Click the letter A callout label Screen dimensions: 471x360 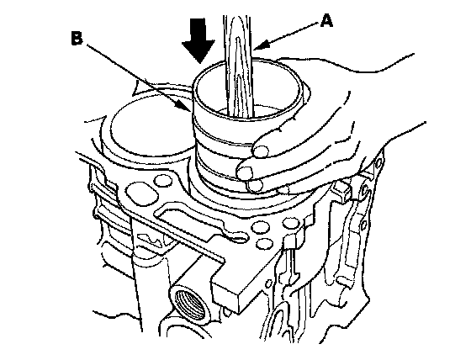[x=326, y=21]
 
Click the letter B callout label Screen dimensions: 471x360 [x=77, y=39]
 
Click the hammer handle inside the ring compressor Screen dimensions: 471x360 [x=239, y=66]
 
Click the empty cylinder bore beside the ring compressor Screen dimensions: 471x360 [x=151, y=126]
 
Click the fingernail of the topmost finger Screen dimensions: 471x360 [x=261, y=151]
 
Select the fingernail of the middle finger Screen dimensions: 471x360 [x=245, y=172]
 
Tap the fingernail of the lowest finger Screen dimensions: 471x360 [x=254, y=186]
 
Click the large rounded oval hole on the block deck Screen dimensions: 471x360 [x=142, y=194]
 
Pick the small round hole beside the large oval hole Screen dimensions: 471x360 [x=163, y=180]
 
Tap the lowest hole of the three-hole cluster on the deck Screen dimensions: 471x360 [x=265, y=244]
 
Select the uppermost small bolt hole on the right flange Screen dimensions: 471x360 [x=378, y=162]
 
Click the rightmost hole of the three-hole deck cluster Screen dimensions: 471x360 [x=291, y=223]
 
